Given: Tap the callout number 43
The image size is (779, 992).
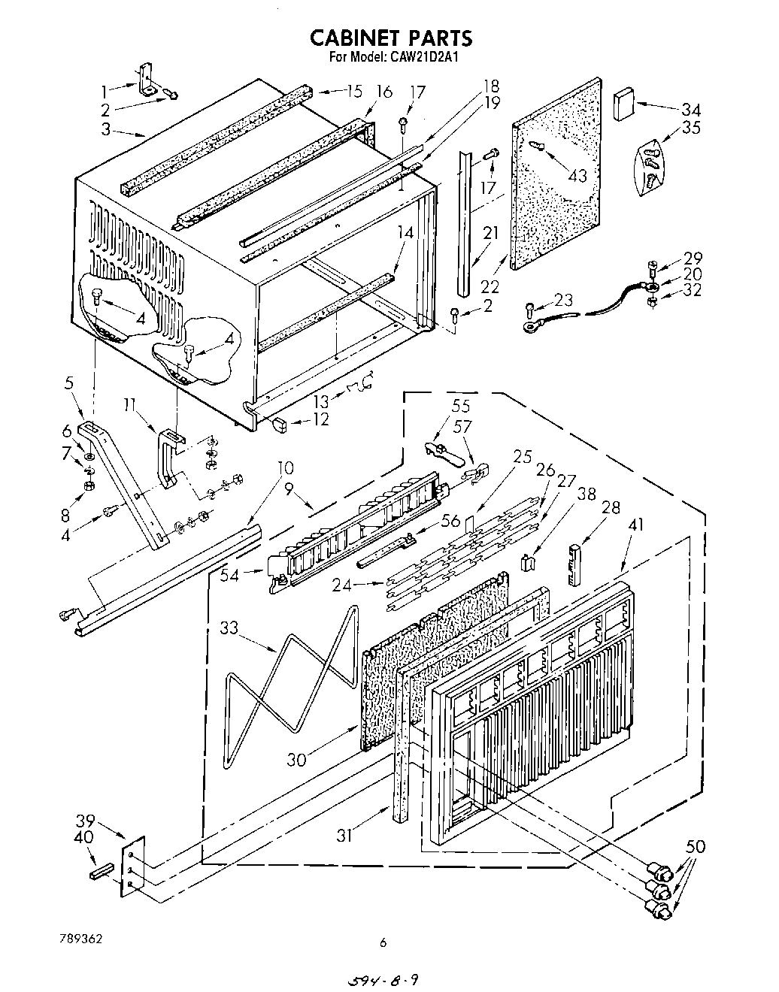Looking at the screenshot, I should (577, 175).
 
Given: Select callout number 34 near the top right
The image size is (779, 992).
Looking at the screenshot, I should (690, 107).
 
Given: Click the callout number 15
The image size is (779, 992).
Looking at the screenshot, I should (353, 91).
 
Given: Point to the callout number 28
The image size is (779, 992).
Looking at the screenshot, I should (611, 509).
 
